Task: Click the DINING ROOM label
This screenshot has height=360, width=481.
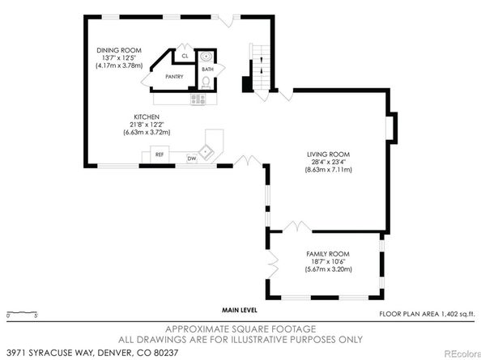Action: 119,50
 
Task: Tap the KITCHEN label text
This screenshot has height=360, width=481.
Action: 147,117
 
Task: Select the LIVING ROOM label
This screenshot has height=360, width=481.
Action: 328,155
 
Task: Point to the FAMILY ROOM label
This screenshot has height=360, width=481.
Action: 328,254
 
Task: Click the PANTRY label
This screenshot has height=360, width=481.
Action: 174,77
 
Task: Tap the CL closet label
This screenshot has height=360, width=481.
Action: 185,56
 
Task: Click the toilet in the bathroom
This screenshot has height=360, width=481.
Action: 206,83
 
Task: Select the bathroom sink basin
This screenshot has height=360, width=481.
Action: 206,57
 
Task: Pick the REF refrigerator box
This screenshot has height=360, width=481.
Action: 160,155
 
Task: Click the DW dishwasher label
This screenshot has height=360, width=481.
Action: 192,159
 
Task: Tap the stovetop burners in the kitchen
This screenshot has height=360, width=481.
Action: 198,99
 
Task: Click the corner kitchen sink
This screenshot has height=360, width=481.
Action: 205,151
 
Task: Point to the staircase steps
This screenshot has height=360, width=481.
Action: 261,67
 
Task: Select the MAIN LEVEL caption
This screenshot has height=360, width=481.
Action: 240,311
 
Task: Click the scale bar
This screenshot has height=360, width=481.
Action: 22,313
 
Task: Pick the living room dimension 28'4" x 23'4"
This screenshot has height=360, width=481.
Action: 328,162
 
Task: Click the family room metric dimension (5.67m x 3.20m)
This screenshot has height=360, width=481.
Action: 328,269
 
